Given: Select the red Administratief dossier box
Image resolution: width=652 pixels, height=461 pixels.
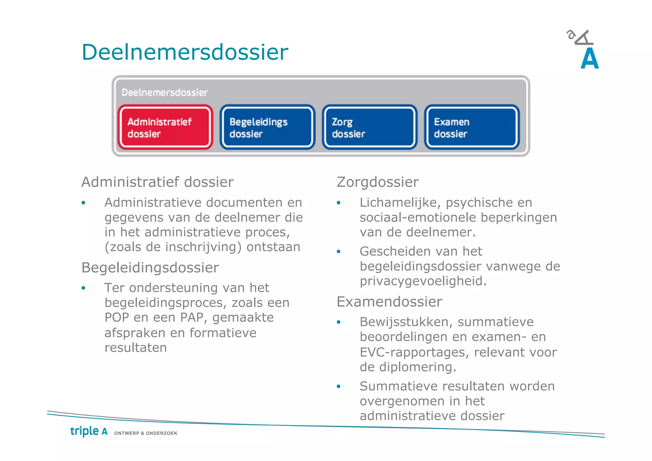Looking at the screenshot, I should (165, 127).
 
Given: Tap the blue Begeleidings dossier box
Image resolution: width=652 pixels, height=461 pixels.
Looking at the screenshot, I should (267, 127).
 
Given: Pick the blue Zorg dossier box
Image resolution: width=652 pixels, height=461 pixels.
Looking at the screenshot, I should (370, 127).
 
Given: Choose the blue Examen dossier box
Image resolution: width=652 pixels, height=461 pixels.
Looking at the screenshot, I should (472, 127).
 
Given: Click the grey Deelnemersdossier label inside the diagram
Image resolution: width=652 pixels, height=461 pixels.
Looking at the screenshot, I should (164, 92).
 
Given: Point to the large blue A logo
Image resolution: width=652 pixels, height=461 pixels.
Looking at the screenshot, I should (589, 59).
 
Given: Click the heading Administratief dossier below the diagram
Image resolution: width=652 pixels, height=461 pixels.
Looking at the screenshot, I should (157, 182).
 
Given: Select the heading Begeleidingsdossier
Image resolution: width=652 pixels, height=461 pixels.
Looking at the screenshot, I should (150, 267).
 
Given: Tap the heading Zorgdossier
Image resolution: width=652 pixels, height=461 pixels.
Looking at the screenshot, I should (378, 182).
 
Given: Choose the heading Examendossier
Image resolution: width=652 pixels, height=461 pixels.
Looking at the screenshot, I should (389, 301).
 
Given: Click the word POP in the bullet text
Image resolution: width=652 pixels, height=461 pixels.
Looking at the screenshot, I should (117, 317).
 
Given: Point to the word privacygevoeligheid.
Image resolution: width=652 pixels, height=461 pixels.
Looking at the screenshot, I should (423, 281).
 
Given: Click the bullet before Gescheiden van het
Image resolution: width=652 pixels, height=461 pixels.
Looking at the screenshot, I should (338, 252).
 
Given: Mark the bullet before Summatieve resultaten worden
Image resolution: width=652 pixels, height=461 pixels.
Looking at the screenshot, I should (338, 386).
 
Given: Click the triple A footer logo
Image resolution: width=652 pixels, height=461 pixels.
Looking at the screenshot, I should (89, 431).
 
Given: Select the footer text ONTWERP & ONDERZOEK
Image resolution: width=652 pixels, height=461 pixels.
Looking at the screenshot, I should (145, 433).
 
